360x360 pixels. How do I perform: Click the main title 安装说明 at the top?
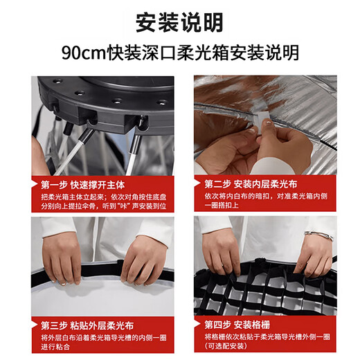(179, 22)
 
